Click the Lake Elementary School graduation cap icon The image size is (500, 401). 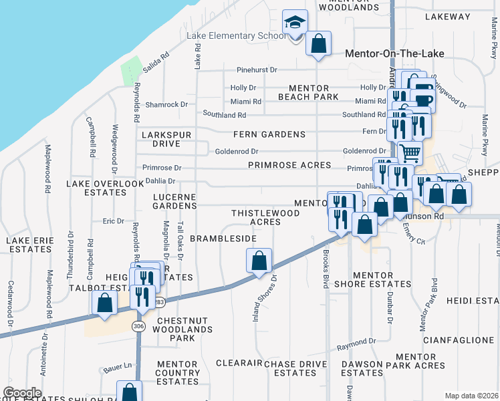295,23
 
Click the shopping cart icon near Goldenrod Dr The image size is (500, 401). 410,152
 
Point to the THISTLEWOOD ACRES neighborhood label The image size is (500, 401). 265,217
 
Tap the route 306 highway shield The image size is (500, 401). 138,326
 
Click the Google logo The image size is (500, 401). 22,393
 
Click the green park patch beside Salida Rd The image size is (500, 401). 131,71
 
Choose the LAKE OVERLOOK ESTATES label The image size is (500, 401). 105,187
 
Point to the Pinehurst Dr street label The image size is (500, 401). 257,70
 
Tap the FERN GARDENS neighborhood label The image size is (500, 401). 269,134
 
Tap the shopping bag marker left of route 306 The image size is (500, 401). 105,303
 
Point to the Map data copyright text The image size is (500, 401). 471,396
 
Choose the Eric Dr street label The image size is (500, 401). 113,221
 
